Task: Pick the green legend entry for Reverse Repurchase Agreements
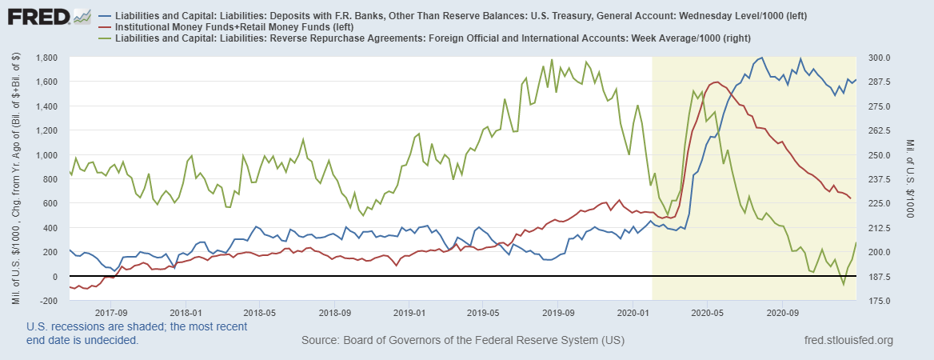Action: [424, 38]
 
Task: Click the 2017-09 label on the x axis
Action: [112, 313]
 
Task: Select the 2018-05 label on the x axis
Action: [261, 313]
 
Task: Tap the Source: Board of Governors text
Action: [462, 341]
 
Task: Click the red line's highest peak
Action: [716, 82]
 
